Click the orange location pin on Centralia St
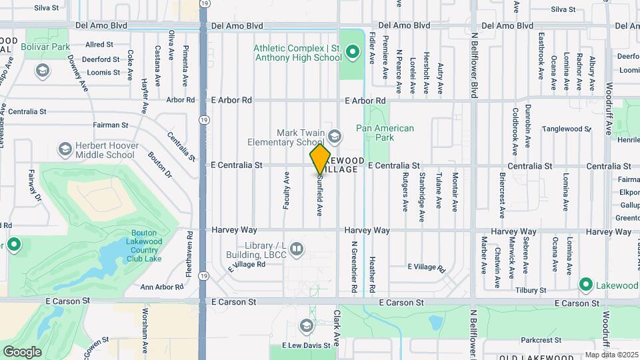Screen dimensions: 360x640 click(320, 159)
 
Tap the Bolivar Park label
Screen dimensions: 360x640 click(45, 47)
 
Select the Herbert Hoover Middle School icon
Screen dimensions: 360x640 click(65, 147)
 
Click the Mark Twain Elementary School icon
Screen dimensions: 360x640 click(334, 137)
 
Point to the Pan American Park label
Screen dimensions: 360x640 click(385, 133)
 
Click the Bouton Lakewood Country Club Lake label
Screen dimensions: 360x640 click(143, 246)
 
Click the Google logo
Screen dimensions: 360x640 click(22, 351)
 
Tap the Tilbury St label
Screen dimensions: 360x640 click(530, 290)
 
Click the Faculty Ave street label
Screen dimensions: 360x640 click(286, 191)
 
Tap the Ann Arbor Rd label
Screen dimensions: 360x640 click(162, 287)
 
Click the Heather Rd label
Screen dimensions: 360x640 click(372, 275)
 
